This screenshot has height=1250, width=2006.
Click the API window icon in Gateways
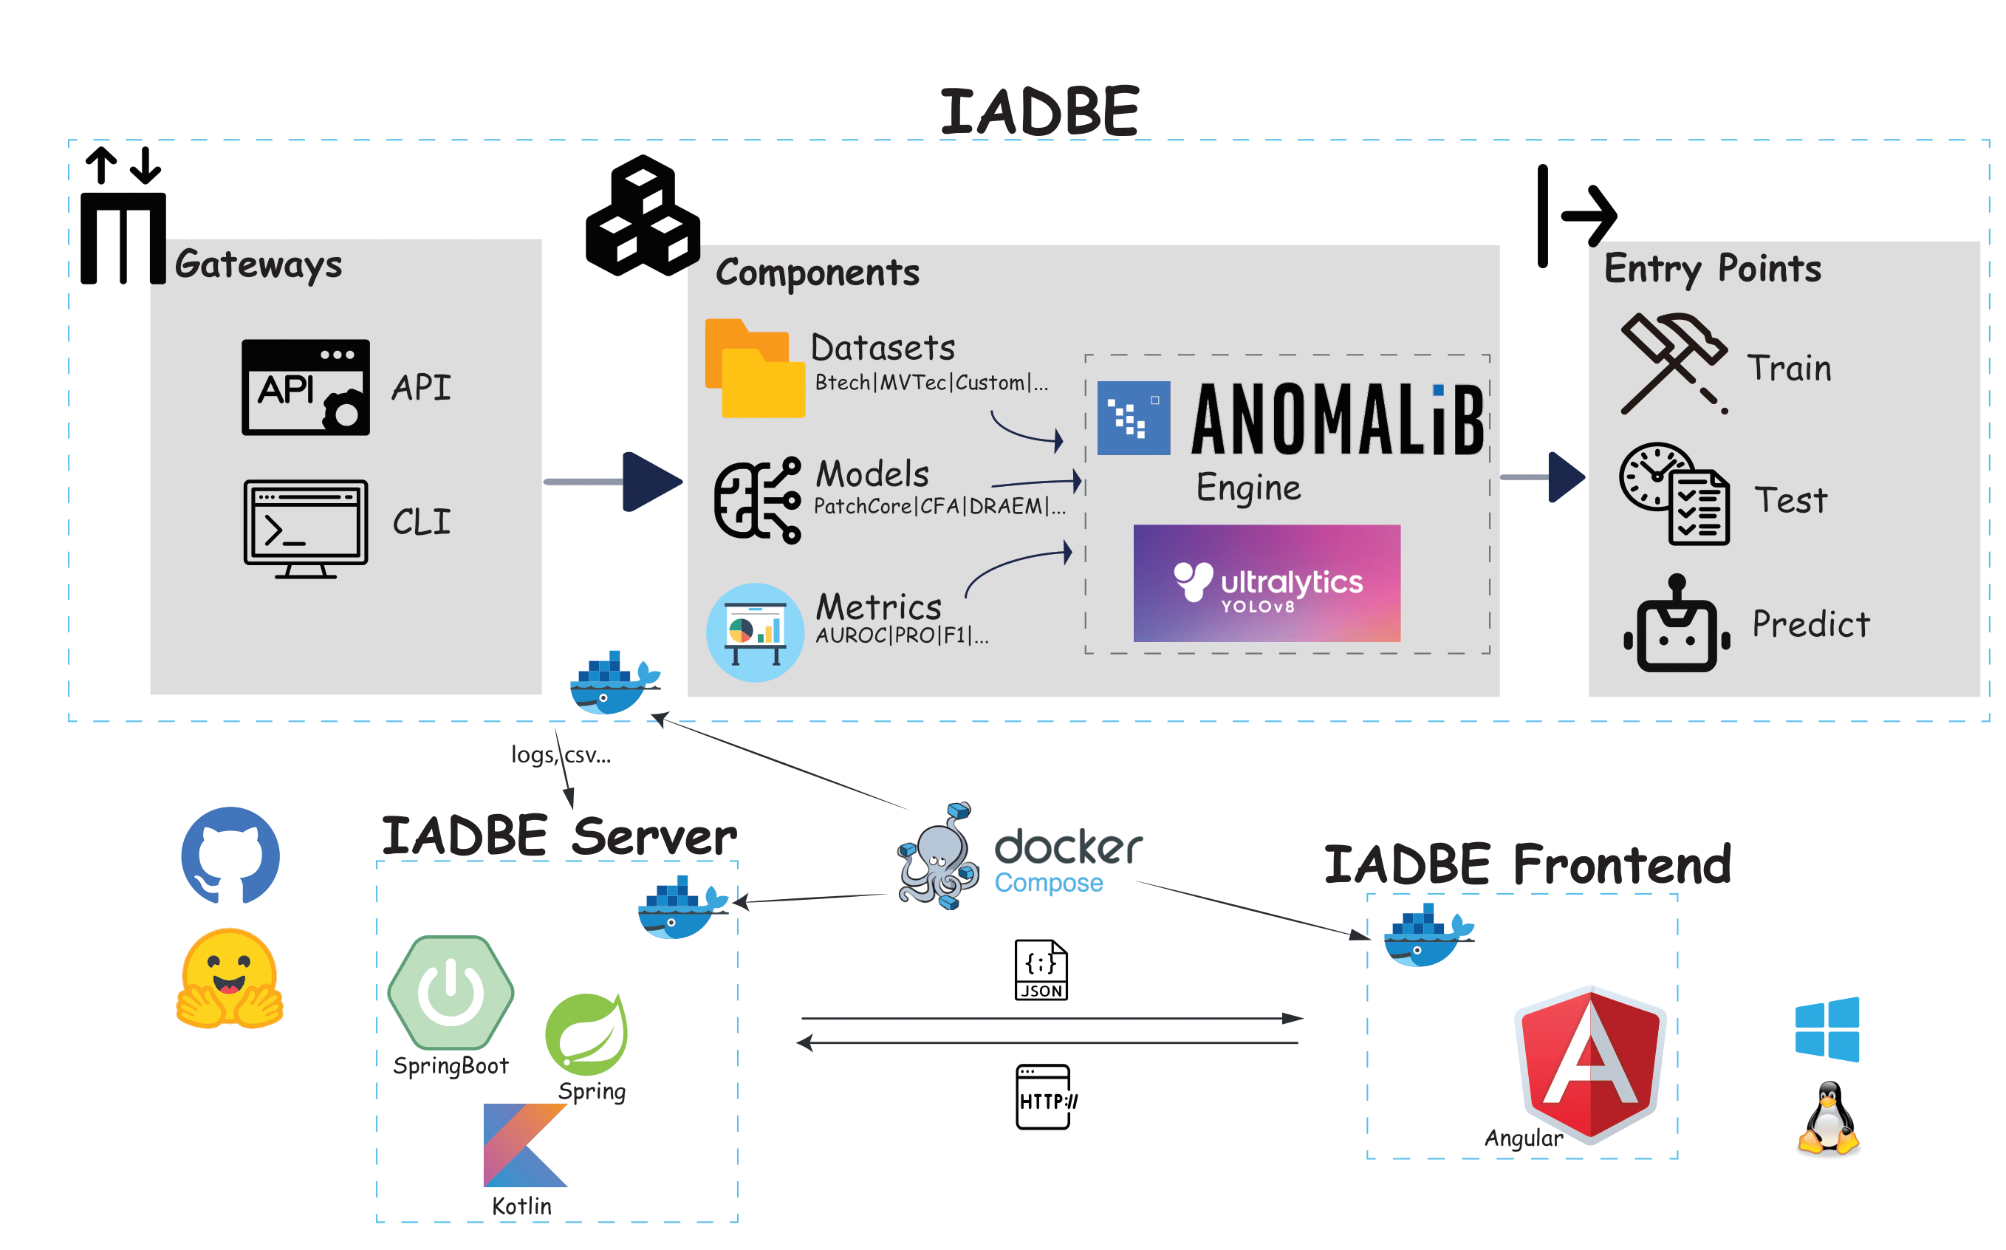(305, 387)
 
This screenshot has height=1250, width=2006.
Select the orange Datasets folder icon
(754, 368)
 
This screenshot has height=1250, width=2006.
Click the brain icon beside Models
(756, 499)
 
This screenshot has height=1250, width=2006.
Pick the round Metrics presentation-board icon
(754, 632)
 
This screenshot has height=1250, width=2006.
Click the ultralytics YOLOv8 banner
(1265, 583)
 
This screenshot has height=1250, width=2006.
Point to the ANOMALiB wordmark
(1337, 419)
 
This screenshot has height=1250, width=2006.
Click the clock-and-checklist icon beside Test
(1673, 494)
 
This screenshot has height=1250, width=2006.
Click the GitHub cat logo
(230, 855)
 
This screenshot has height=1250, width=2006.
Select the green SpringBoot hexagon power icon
(451, 992)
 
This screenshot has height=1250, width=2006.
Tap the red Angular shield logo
(1590, 1062)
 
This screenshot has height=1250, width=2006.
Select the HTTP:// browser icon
(1044, 1096)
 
